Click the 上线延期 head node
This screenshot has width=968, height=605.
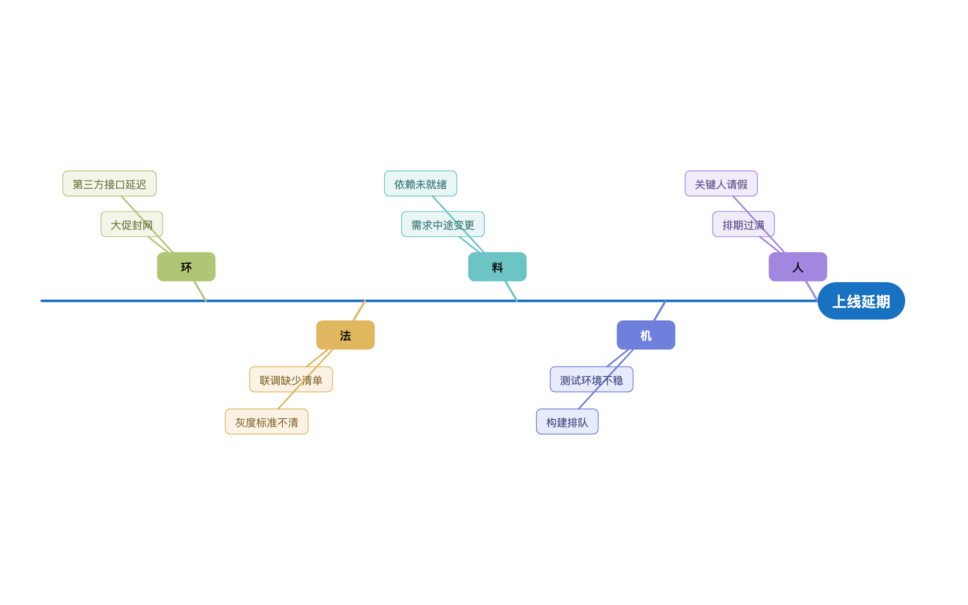(861, 301)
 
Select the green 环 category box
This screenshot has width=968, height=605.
(186, 267)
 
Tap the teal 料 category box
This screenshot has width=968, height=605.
(497, 267)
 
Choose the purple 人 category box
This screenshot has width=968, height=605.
(798, 267)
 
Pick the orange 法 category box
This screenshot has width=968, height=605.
(345, 335)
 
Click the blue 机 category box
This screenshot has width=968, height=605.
(646, 335)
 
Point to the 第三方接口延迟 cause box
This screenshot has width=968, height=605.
(109, 183)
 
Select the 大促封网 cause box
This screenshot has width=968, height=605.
(132, 224)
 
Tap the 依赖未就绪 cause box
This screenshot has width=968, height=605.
(421, 183)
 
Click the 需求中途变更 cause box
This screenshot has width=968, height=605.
(443, 224)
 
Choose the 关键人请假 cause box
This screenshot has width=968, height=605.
(721, 183)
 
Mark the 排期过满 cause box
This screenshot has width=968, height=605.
(743, 224)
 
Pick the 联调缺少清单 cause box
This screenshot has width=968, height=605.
(291, 379)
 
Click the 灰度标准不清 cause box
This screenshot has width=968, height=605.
(267, 422)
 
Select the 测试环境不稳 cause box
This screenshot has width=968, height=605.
(591, 379)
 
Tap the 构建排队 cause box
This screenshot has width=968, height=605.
(567, 422)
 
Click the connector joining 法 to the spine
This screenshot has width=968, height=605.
(359, 311)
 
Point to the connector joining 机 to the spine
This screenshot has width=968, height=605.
(660, 311)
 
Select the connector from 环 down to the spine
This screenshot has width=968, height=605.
(200, 291)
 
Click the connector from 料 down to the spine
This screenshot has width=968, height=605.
(511, 291)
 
